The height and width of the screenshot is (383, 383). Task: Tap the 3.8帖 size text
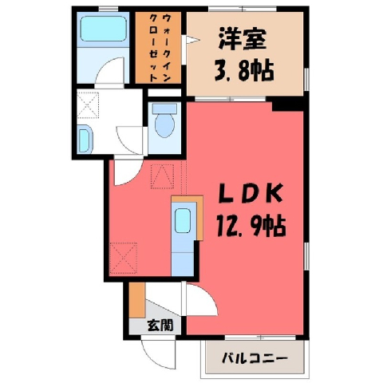coord(244,70)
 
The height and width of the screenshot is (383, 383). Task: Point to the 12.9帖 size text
coord(251,226)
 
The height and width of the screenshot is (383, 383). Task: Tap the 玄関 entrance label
coord(160,325)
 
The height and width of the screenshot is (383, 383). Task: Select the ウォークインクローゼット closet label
coord(159,48)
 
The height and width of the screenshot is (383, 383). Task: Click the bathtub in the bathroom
coord(104,29)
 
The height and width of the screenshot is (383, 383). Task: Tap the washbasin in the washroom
coord(85,140)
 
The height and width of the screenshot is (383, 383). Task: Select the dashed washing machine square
coord(88,105)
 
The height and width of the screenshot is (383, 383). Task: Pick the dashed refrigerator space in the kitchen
coord(123,258)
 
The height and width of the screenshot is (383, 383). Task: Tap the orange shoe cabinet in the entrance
coord(137,300)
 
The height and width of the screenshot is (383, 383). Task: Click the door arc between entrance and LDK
coord(210,293)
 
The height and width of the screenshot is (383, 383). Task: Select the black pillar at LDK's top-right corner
coord(288,105)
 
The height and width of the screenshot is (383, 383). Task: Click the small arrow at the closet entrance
coord(193,41)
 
